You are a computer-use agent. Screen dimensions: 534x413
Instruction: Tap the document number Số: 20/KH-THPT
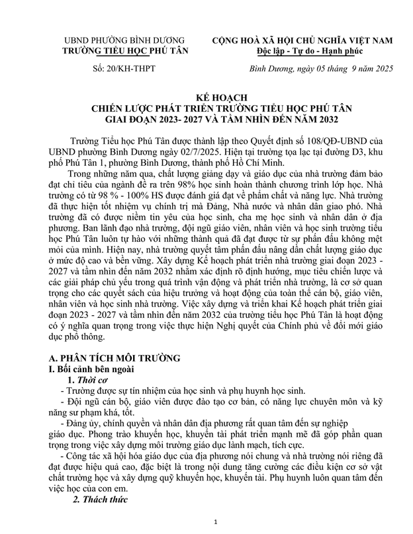pos(113,69)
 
